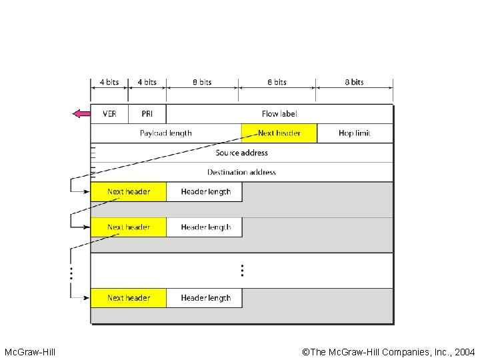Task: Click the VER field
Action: click(x=109, y=114)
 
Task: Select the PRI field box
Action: click(x=147, y=114)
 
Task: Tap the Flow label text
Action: click(x=279, y=114)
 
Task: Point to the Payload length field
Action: click(x=166, y=133)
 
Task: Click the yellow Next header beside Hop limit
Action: click(x=279, y=133)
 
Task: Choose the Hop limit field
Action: click(x=355, y=133)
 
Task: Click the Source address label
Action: click(x=241, y=153)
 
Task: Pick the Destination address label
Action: click(x=241, y=172)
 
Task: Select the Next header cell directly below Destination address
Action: click(x=129, y=192)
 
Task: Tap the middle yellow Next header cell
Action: click(x=129, y=227)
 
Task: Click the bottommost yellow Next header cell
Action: click(x=129, y=298)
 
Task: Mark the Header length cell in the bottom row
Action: click(x=205, y=298)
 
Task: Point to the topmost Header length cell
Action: click(x=205, y=192)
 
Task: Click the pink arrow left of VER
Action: click(x=81, y=114)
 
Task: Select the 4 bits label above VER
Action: click(x=109, y=82)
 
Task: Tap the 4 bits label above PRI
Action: click(x=147, y=82)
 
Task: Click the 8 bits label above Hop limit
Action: click(x=354, y=82)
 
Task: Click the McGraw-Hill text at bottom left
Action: click(x=30, y=351)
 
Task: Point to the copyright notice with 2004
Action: click(x=389, y=351)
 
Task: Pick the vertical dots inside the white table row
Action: click(x=242, y=270)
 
